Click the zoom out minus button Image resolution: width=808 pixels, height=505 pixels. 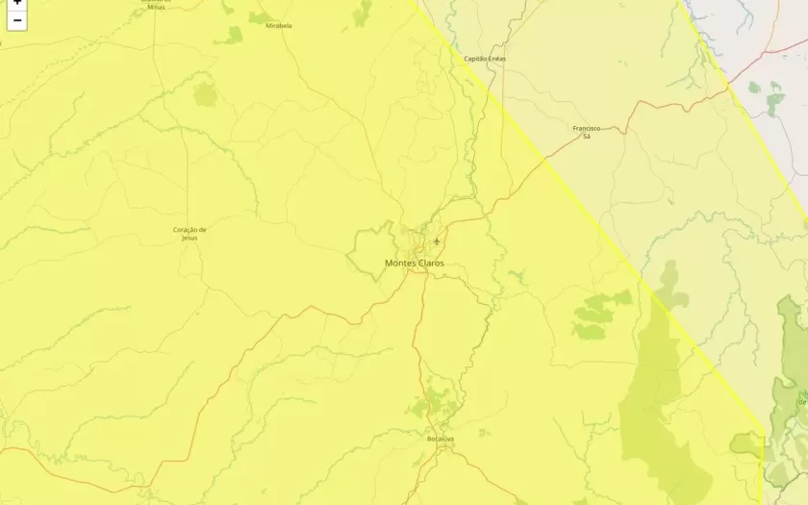[16, 20]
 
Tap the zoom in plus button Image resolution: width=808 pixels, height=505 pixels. [16, 3]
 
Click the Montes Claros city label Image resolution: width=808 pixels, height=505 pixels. [414, 263]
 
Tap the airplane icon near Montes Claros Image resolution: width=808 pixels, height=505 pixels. [437, 240]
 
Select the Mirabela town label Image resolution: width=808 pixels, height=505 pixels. [279, 26]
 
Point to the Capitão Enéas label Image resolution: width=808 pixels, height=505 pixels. [484, 59]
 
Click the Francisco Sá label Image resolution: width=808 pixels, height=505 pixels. [586, 132]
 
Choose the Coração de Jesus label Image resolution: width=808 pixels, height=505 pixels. [189, 233]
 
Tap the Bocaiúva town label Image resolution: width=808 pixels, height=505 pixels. [440, 439]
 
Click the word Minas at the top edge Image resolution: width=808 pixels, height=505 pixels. [155, 7]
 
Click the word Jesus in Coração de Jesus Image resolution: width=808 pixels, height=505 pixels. [189, 238]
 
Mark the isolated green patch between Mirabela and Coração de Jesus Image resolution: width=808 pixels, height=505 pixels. [206, 94]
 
